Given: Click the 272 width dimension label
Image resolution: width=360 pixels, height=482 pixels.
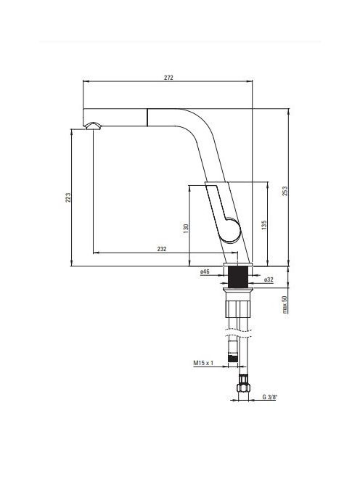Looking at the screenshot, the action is pos(168,78).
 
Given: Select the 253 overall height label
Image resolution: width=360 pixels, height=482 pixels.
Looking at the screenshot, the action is pos(285,191).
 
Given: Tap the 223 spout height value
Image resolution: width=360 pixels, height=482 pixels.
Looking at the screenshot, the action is pos(68,197).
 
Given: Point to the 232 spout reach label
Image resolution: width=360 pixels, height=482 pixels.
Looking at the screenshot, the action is pos(162,249).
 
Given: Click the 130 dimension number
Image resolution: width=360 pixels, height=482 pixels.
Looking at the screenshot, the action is pos(186,229).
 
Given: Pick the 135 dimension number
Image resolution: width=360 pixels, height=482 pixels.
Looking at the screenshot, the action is pos(264,225).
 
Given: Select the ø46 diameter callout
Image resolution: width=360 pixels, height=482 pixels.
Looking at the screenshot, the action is pos(205,271).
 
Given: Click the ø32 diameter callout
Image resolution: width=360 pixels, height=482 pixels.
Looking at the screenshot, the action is pos(269,279).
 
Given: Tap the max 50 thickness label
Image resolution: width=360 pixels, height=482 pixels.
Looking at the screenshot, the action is pos(285,304).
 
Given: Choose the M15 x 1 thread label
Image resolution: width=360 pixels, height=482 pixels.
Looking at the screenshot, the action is pos(203,363).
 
